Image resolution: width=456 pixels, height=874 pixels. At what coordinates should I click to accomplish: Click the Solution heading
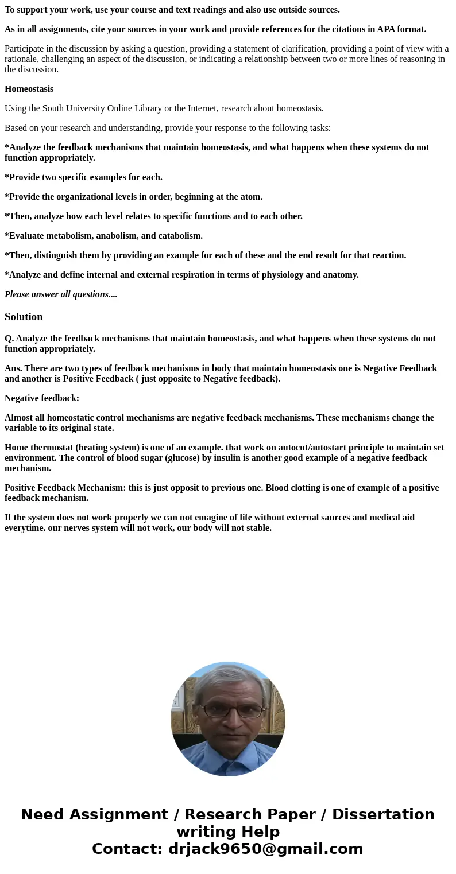pyautogui.click(x=24, y=317)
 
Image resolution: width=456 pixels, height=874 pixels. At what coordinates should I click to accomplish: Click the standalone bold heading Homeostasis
pyautogui.click(x=29, y=89)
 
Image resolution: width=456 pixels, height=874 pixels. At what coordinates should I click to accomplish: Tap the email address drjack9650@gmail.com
pyautogui.click(x=265, y=849)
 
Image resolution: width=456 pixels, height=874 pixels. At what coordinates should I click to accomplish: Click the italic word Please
pyautogui.click(x=18, y=294)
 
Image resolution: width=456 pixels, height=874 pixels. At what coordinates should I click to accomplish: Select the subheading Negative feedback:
pyautogui.click(x=42, y=398)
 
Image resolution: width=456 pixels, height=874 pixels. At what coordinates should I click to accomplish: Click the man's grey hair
pyautogui.click(x=230, y=674)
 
